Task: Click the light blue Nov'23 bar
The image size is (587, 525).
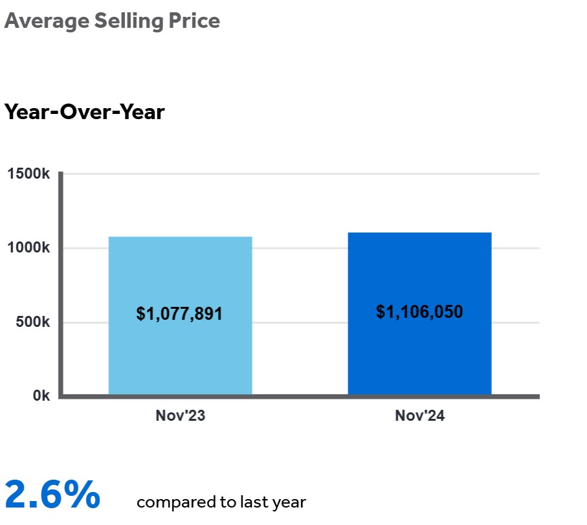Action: [180, 272]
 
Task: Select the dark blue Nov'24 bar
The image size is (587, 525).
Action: [419, 272]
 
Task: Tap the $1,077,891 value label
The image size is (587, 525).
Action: [179, 315]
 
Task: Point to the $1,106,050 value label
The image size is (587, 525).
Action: [419, 312]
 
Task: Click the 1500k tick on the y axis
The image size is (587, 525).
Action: [28, 174]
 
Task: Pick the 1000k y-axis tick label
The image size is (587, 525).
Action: [28, 249]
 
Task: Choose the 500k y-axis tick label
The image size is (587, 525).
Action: [32, 322]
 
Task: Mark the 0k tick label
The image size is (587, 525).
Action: [41, 396]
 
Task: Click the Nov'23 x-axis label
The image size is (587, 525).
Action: [180, 416]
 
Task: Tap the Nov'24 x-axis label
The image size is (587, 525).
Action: [419, 416]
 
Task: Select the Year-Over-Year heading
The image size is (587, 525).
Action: [85, 112]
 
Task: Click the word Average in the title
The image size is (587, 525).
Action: [47, 21]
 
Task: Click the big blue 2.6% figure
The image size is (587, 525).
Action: [52, 495]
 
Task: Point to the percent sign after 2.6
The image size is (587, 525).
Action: [82, 495]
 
